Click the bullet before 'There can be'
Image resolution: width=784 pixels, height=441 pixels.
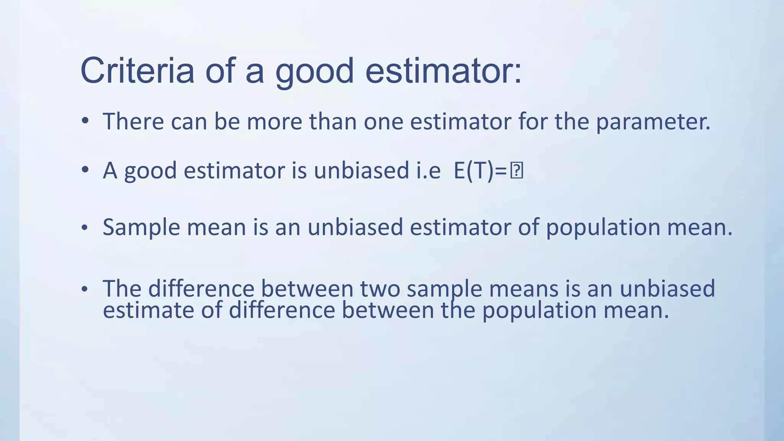[x=85, y=121]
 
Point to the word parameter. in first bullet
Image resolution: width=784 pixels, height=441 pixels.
[x=653, y=122]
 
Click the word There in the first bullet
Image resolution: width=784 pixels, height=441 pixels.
[x=133, y=121]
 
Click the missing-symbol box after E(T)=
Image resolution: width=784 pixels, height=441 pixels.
[x=516, y=171]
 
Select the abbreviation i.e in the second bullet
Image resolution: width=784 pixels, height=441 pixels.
[x=428, y=171]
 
